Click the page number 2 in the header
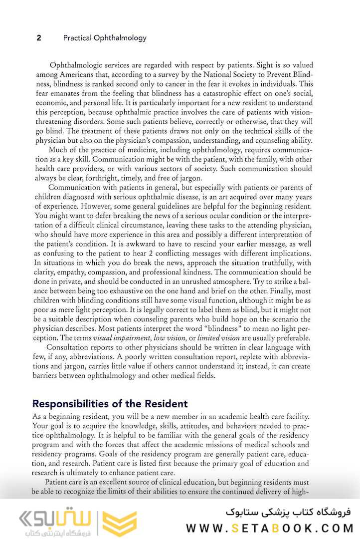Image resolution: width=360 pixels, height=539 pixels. pos(39,38)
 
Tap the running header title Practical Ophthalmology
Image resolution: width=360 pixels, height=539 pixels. pos(105,38)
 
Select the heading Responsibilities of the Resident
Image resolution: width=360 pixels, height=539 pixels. pos(110,404)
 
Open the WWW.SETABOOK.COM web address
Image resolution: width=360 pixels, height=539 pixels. pos(269,528)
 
